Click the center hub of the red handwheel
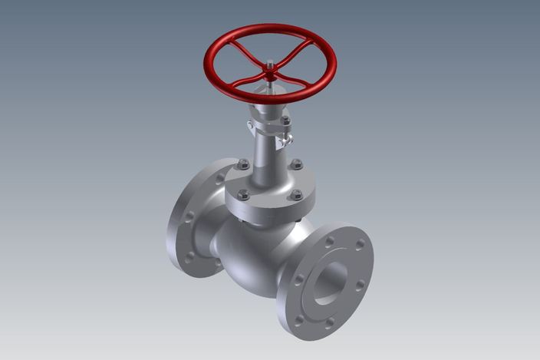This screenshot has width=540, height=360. tap(270, 73)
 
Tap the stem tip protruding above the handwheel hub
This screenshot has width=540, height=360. tap(270, 67)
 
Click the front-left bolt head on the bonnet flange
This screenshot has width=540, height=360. tap(244, 195)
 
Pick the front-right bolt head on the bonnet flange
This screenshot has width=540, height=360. tap(296, 195)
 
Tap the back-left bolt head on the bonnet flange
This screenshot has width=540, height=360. tap(244, 163)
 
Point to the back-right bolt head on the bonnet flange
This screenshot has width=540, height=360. tap(297, 163)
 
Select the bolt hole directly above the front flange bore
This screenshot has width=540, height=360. tap(329, 241)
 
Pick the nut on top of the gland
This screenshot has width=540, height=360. tap(285, 121)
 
